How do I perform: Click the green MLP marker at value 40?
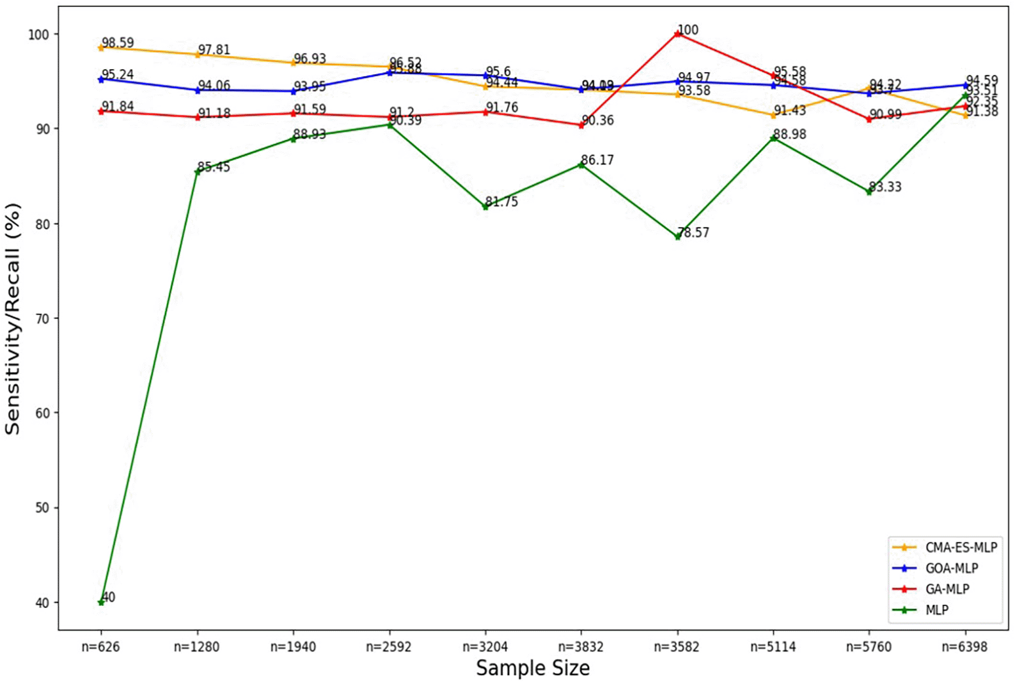(x=101, y=602)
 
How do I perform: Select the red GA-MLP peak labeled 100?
(x=678, y=34)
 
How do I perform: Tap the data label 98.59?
(x=118, y=43)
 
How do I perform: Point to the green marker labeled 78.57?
(x=678, y=236)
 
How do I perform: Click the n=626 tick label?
(x=100, y=647)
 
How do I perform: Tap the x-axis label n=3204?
(x=485, y=647)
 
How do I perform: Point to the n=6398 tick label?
(x=964, y=647)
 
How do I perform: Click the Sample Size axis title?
(x=533, y=669)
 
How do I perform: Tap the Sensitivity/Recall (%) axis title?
(x=13, y=318)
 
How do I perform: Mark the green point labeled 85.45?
(x=197, y=171)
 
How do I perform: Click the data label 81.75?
(x=501, y=202)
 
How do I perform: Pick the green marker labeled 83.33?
(x=869, y=191)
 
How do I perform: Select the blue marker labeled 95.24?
(x=101, y=79)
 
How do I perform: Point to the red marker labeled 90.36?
(x=581, y=125)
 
